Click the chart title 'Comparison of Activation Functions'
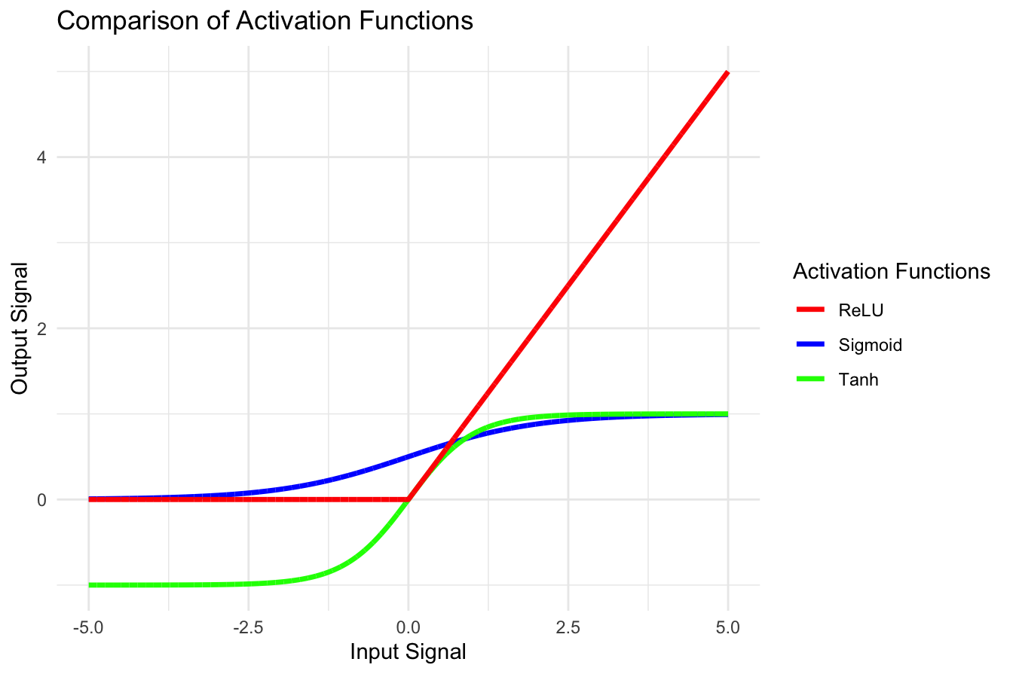(x=265, y=20)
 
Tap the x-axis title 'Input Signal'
(x=408, y=651)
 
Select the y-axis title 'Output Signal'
(x=20, y=328)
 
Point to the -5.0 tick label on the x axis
(x=88, y=626)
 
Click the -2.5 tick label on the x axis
(x=248, y=626)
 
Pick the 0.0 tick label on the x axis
(x=408, y=626)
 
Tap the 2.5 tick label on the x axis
(x=568, y=626)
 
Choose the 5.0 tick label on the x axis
(x=727, y=626)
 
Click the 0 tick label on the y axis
(x=41, y=499)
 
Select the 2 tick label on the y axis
(x=41, y=328)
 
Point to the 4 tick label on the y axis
(x=41, y=157)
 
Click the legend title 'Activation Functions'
(x=891, y=272)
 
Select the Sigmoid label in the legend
(x=870, y=345)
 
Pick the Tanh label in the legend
(x=858, y=380)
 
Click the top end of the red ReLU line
(x=727, y=73)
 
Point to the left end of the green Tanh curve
(x=90, y=584)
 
